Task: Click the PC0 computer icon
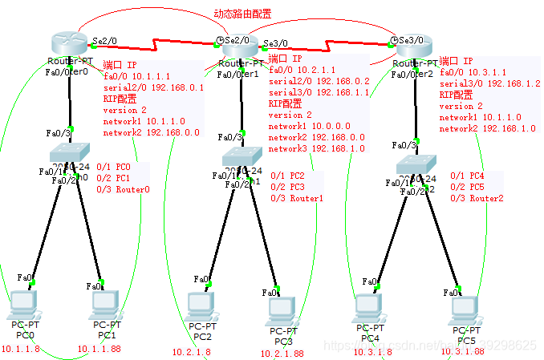click(24, 302)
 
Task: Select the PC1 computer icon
click(104, 303)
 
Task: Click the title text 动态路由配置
click(242, 14)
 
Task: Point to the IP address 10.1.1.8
click(21, 349)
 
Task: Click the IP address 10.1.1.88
click(99, 349)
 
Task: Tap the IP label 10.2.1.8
click(192, 352)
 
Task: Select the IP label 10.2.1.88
click(282, 353)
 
